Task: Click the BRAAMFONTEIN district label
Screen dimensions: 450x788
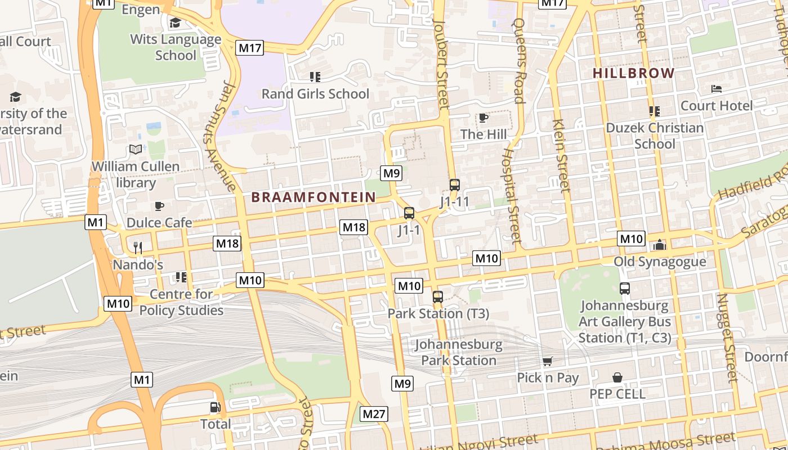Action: pos(313,197)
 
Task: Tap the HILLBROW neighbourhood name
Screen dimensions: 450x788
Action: pos(633,73)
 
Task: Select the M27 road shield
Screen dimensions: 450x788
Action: pos(374,415)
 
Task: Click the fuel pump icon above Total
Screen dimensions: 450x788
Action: pos(215,407)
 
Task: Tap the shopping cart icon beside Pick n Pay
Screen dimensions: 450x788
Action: pos(547,361)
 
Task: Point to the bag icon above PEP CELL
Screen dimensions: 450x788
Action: pos(617,377)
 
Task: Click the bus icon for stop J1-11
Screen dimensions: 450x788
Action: pos(454,184)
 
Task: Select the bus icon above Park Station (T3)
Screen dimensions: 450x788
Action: pos(437,296)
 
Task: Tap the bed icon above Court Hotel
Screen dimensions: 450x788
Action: pos(716,89)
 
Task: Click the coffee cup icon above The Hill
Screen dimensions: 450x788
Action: pos(482,118)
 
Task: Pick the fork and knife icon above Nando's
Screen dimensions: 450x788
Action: pos(138,247)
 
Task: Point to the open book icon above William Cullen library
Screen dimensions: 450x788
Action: pos(136,150)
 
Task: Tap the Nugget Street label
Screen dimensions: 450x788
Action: pos(727,337)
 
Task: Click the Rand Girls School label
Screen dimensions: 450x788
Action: pos(315,94)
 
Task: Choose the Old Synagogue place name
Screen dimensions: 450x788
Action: pos(659,262)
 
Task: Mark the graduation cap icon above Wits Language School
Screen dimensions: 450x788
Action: pos(175,22)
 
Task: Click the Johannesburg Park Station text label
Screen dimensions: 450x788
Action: pos(458,352)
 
